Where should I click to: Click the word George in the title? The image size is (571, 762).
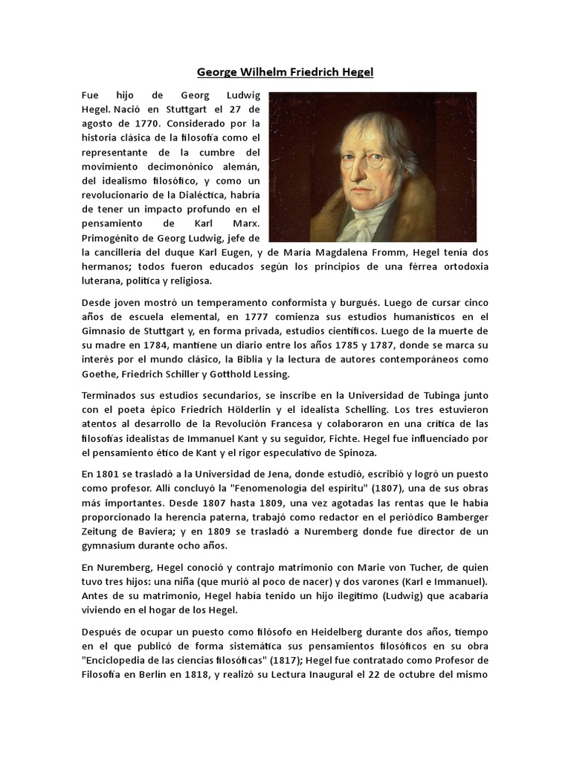(216, 72)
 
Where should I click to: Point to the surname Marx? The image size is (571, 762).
(245, 223)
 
